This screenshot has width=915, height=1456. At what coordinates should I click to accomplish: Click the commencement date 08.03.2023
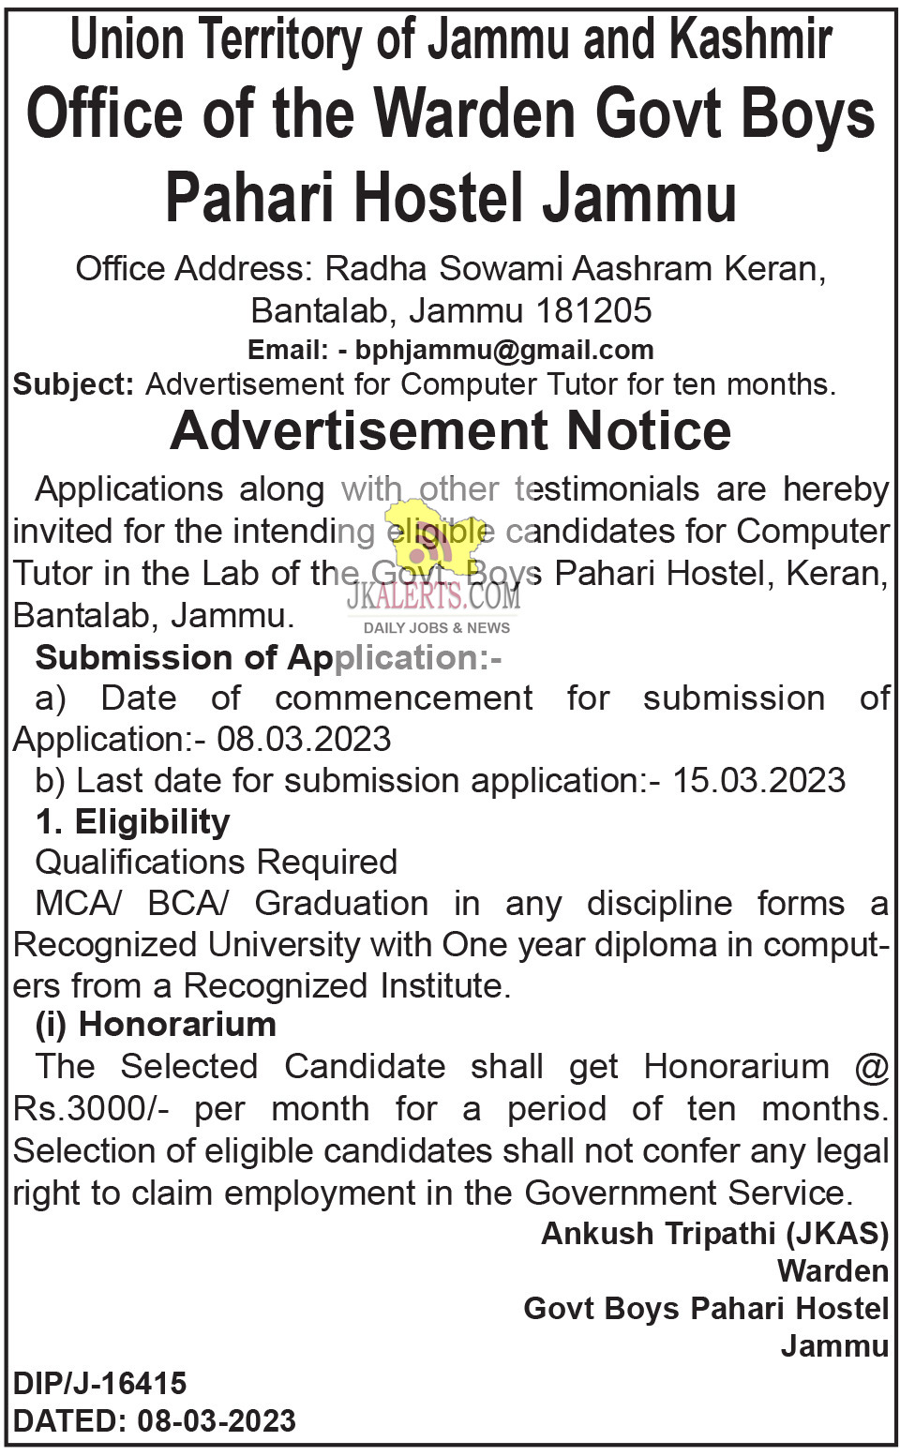pyautogui.click(x=304, y=739)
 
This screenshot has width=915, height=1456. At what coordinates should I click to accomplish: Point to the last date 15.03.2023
pyautogui.click(x=758, y=780)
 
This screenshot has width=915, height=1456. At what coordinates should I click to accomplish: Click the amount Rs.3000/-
pyautogui.click(x=91, y=1108)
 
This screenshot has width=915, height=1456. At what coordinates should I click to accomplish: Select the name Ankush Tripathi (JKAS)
pyautogui.click(x=714, y=1233)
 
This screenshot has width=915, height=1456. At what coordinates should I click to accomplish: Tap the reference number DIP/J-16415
pyautogui.click(x=100, y=1383)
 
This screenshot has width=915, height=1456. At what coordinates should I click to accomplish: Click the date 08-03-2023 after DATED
pyautogui.click(x=217, y=1421)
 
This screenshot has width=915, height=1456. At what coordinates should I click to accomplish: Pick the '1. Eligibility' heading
pyautogui.click(x=132, y=821)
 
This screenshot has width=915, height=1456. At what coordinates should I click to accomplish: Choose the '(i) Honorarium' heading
pyautogui.click(x=156, y=1024)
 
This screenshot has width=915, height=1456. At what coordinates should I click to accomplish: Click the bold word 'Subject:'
pyautogui.click(x=74, y=384)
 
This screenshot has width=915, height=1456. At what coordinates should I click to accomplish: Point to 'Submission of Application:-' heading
pyautogui.click(x=268, y=657)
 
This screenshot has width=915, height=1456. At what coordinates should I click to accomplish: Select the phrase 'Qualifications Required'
pyautogui.click(x=216, y=862)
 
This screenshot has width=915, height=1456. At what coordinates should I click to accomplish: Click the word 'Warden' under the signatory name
pyautogui.click(x=832, y=1270)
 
